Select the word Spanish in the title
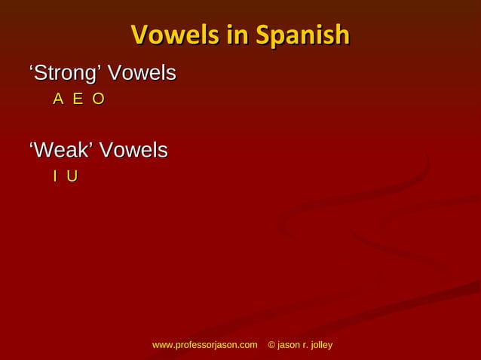302,35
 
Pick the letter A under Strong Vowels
58,99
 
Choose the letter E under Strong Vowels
78,99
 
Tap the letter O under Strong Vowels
97,99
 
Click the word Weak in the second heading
63,151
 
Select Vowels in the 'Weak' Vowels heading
133,151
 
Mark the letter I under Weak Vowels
55,176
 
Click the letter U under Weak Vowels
72,176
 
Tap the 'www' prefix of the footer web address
163,345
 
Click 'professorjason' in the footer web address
206,345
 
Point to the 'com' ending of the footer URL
248,345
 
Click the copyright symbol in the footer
272,345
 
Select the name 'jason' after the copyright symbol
290,345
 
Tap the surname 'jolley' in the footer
325,345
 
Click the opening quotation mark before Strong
31,70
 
